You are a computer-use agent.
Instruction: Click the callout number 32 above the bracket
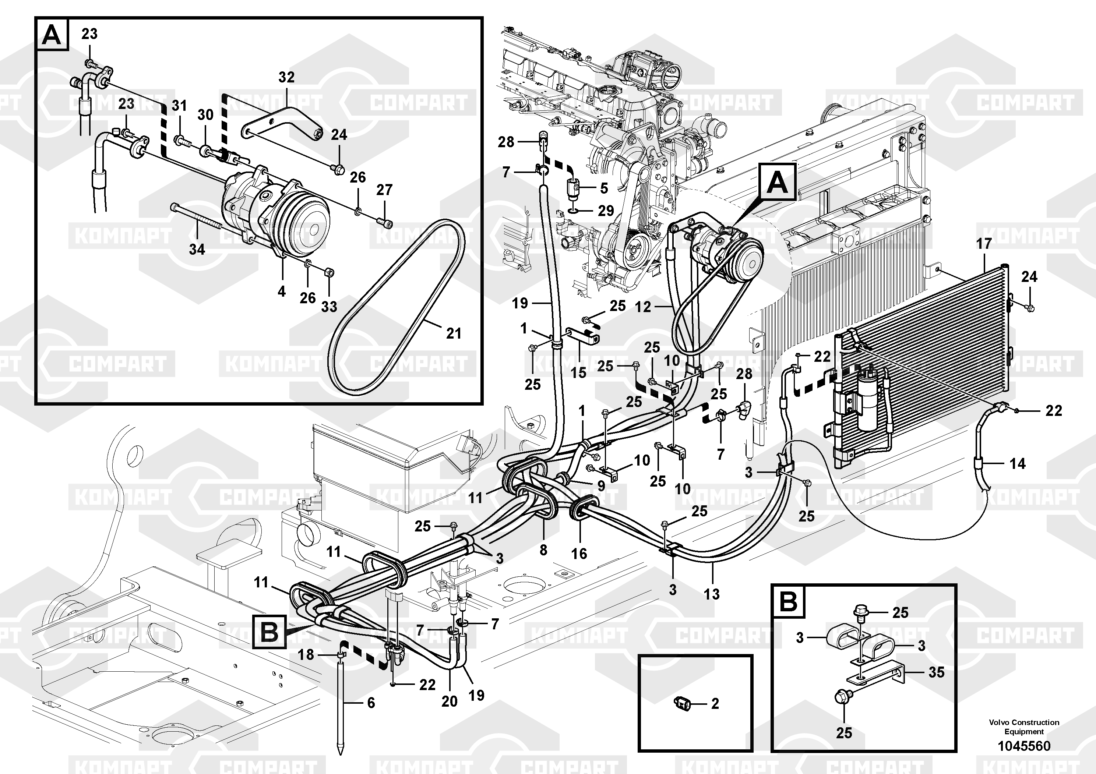tap(286, 77)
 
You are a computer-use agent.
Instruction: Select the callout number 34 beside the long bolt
tap(197, 249)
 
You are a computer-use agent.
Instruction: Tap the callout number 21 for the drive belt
tap(454, 333)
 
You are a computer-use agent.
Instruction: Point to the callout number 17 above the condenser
tap(983, 244)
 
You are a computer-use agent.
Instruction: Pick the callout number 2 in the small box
tap(715, 703)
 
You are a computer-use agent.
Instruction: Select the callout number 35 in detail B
tap(936, 672)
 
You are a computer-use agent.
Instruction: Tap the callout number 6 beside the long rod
tap(371, 703)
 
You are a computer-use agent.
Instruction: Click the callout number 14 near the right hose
tap(1017, 463)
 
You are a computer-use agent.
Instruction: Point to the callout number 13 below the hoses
tap(711, 594)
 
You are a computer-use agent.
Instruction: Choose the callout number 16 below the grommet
tap(579, 554)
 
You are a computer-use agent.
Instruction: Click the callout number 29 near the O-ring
tap(606, 211)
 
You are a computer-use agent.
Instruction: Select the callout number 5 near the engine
tap(604, 188)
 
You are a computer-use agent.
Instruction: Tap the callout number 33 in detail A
tap(329, 307)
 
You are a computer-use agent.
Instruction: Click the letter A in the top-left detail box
tap(52, 35)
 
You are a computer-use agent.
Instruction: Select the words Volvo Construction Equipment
tap(1024, 727)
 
